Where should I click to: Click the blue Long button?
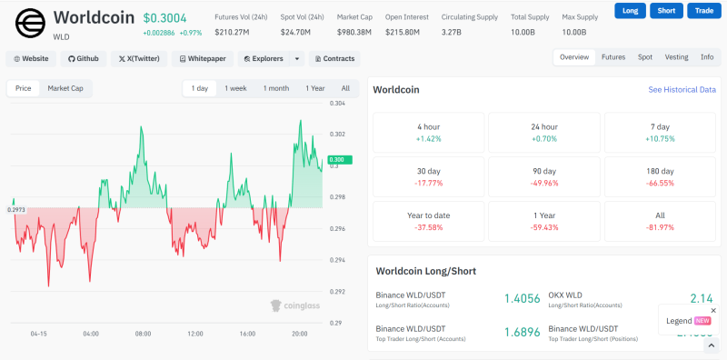click(630, 11)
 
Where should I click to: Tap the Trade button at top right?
click(702, 11)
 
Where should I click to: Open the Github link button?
click(84, 58)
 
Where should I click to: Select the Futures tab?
click(613, 57)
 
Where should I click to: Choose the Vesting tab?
click(676, 57)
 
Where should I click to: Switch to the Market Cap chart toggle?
click(65, 88)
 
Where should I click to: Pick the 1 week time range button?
click(235, 88)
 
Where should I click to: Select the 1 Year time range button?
click(314, 88)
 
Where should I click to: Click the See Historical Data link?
click(682, 90)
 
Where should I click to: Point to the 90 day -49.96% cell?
click(543, 176)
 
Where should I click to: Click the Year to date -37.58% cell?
click(428, 221)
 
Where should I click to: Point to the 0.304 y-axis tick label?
click(337, 104)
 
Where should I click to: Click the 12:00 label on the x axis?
click(194, 334)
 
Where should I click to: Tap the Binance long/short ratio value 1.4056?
click(522, 298)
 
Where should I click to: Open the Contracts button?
click(334, 58)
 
